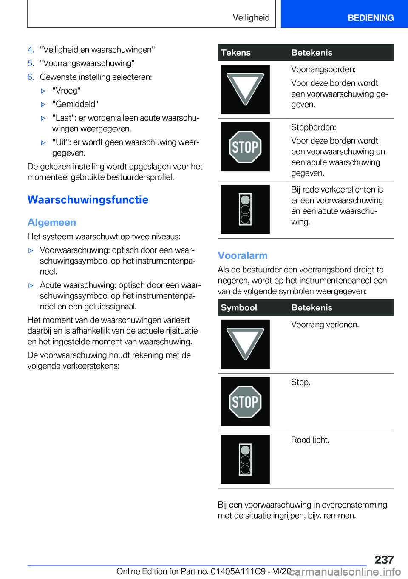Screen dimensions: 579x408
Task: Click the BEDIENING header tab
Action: pyautogui.click(x=370, y=18)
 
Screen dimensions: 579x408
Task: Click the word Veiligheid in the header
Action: pyautogui.click(x=251, y=18)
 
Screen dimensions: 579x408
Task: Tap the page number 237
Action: pyautogui.click(x=384, y=559)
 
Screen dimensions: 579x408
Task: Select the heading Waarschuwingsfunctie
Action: pyautogui.click(x=88, y=200)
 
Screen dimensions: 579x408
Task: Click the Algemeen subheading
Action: pyautogui.click(x=52, y=222)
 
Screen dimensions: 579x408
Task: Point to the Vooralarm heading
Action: pyautogui.click(x=243, y=255)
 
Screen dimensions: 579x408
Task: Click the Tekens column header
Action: pyautogui.click(x=236, y=53)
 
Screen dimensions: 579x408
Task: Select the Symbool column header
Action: pyautogui.click(x=239, y=307)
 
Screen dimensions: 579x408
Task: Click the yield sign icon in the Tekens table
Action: pyautogui.click(x=245, y=89)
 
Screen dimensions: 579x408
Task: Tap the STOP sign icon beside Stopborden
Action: pyautogui.click(x=245, y=147)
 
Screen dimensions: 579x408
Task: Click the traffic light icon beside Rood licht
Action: pyautogui.click(x=245, y=460)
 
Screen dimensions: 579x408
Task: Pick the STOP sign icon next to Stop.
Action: pyautogui.click(x=245, y=402)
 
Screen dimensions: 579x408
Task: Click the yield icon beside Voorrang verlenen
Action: pyautogui.click(x=245, y=344)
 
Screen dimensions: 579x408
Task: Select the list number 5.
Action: pyautogui.click(x=31, y=63)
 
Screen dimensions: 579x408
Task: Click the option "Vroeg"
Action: pyautogui.click(x=66, y=91)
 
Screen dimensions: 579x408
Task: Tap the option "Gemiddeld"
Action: pyautogui.click(x=75, y=104)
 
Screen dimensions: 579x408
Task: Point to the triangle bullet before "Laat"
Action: pyautogui.click(x=43, y=118)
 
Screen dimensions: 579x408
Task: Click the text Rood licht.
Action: pyautogui.click(x=310, y=440)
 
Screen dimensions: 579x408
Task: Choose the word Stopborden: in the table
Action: pyautogui.click(x=313, y=127)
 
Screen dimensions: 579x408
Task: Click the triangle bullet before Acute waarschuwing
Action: pyautogui.click(x=31, y=285)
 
